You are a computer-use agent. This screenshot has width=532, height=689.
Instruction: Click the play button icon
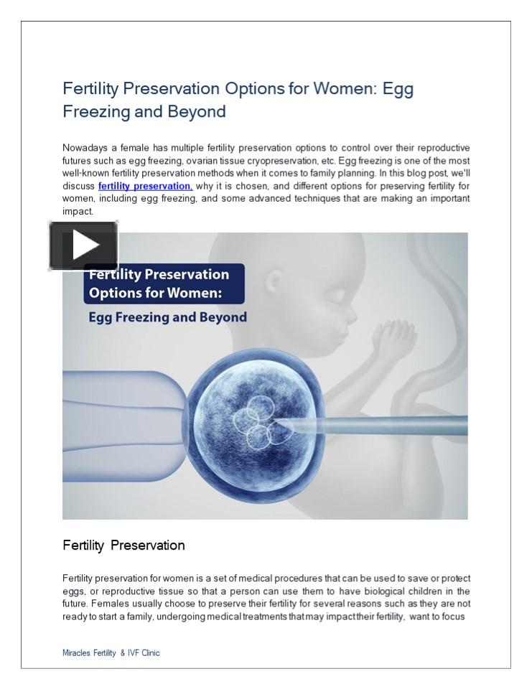(83, 246)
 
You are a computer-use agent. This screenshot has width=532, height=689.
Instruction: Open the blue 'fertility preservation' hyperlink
(145, 186)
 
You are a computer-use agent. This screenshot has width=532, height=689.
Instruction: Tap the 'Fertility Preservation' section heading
(123, 545)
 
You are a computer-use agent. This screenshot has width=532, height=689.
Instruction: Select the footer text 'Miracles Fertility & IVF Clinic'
(111, 653)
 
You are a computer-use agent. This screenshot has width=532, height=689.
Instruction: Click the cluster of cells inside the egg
(259, 423)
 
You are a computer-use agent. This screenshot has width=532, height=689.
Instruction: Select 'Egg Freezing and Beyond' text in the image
(167, 317)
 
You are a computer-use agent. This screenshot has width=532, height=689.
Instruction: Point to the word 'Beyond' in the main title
(197, 111)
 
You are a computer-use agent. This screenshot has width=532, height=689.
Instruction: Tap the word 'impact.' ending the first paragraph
(78, 211)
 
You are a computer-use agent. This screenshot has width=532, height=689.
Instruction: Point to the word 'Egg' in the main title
(398, 89)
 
